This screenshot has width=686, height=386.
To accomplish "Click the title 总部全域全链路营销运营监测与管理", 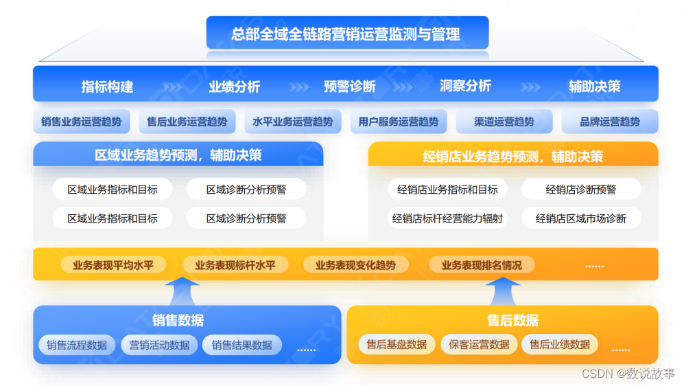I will (x=346, y=34).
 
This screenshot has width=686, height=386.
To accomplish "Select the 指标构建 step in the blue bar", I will (x=107, y=87).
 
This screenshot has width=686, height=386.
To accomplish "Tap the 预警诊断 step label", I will (x=350, y=87).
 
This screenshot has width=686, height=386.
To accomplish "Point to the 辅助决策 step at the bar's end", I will (x=594, y=87).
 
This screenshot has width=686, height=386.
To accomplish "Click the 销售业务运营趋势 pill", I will (x=81, y=122).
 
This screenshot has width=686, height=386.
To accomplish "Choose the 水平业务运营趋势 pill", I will (x=292, y=122).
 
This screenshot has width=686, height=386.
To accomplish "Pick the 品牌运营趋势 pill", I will (x=609, y=122).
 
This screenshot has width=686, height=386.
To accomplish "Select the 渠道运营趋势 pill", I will (x=504, y=122).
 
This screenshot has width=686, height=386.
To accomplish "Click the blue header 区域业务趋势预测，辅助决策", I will (x=178, y=155).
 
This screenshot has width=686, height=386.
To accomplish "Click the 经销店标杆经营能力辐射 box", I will (x=447, y=218).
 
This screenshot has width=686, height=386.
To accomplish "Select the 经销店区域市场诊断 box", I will (x=580, y=218).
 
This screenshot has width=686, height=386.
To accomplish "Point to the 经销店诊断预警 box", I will (x=580, y=190).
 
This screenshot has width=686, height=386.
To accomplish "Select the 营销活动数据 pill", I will (x=159, y=345).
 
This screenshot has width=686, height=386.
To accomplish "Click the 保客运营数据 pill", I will (x=479, y=344).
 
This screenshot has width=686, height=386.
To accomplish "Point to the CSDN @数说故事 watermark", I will (x=628, y=373).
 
